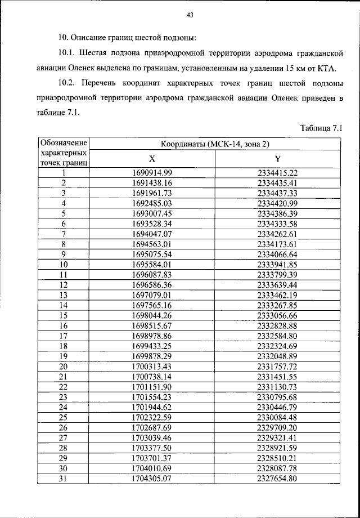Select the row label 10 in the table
point(64,264)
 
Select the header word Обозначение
point(64,143)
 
